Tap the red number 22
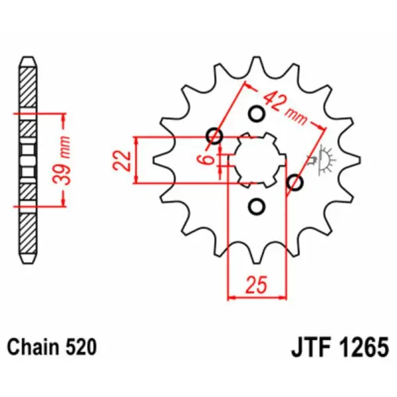[x=120, y=160]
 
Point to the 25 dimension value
[x=257, y=285]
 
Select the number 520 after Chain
[x=82, y=346]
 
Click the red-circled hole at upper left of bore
[x=214, y=137]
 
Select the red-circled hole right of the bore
[x=295, y=182]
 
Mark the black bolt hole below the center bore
[x=255, y=207]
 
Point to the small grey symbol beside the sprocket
[x=324, y=159]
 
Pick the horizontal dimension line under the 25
[x=257, y=297]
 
